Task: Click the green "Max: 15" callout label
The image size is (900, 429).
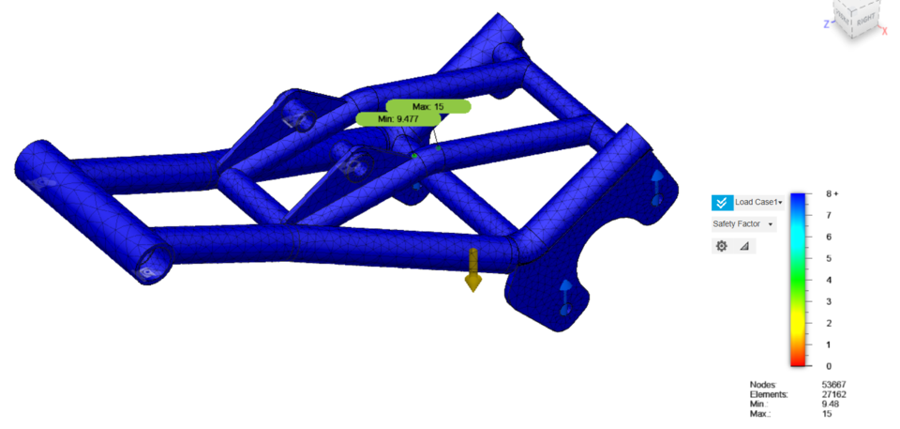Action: pyautogui.click(x=427, y=106)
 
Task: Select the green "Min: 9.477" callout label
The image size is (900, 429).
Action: pyautogui.click(x=398, y=119)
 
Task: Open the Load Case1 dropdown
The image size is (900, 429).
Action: pyautogui.click(x=759, y=202)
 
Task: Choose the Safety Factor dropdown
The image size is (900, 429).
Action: pyautogui.click(x=743, y=224)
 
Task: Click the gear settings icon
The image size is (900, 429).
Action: pyautogui.click(x=721, y=246)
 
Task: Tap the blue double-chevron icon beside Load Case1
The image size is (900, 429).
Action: pyautogui.click(x=721, y=202)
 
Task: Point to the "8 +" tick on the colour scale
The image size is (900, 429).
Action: pyautogui.click(x=830, y=194)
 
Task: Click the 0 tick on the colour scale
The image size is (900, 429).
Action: pyautogui.click(x=827, y=366)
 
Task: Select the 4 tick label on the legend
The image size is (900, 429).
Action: pyautogui.click(x=827, y=280)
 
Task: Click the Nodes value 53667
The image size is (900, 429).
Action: pyautogui.click(x=833, y=385)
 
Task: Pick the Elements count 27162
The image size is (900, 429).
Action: pyautogui.click(x=833, y=395)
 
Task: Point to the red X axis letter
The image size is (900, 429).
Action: pyautogui.click(x=884, y=31)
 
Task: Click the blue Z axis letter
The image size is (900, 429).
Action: pyautogui.click(x=826, y=23)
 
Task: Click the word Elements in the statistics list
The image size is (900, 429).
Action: pyautogui.click(x=769, y=395)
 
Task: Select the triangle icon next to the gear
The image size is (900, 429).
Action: pyautogui.click(x=744, y=246)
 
